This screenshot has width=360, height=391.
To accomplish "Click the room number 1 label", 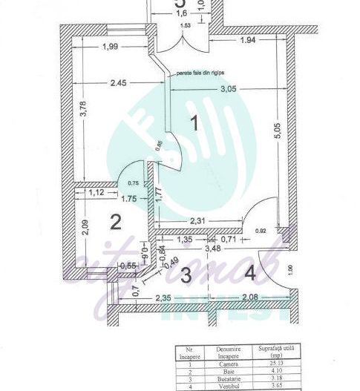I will click(194, 123).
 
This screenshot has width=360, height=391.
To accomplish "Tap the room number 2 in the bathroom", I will click(115, 221).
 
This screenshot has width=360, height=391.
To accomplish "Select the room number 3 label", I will click(186, 274).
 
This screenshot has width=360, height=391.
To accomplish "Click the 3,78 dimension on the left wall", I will click(83, 119).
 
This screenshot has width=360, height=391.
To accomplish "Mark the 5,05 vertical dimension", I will click(276, 134).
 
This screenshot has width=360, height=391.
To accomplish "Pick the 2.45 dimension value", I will click(117, 83).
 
